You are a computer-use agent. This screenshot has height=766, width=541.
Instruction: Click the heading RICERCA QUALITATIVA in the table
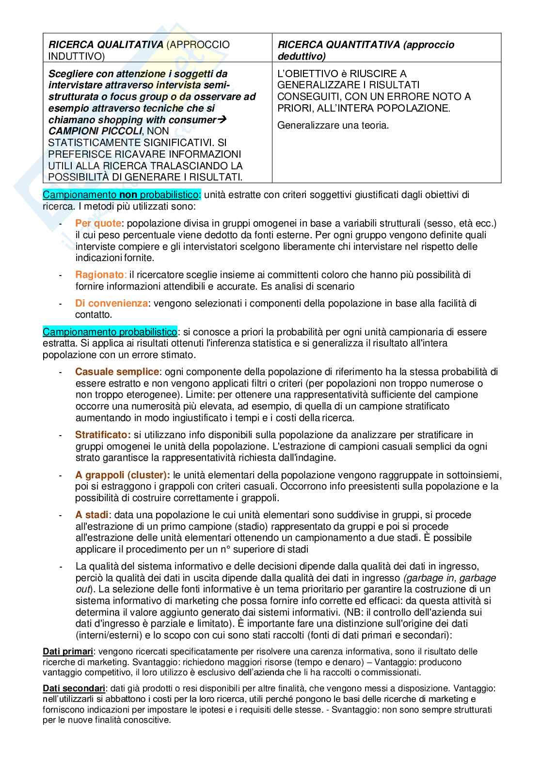click(106, 45)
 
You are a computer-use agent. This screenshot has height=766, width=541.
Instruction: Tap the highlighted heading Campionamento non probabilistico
click(121, 195)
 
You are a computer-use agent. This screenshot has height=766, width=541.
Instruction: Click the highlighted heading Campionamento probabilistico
click(110, 332)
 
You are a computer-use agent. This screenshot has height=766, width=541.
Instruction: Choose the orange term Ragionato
click(99, 275)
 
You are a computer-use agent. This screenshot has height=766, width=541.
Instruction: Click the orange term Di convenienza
click(111, 303)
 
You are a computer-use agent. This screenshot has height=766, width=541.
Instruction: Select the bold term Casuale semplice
click(117, 372)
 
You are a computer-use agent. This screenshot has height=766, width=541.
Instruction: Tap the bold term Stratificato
click(103, 435)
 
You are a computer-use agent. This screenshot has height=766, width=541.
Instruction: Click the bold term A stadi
click(92, 515)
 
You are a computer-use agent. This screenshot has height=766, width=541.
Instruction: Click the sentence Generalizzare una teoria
click(333, 125)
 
